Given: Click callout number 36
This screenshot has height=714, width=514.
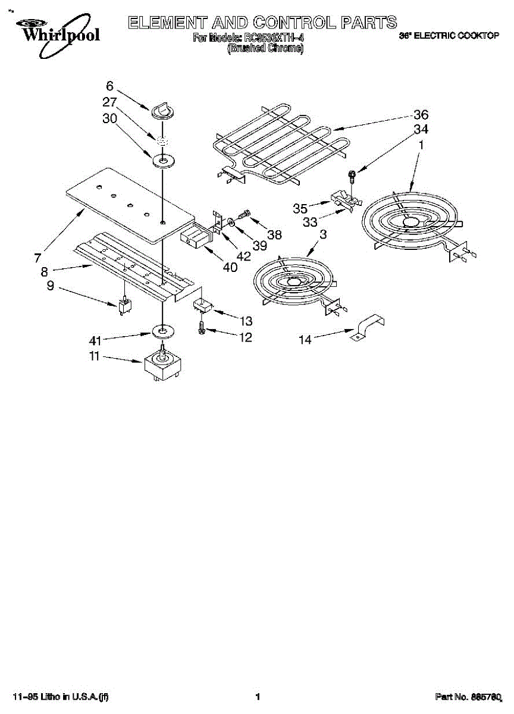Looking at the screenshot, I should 421,115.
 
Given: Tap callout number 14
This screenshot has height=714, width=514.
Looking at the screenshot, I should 305,340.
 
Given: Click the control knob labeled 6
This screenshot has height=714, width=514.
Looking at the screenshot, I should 161,110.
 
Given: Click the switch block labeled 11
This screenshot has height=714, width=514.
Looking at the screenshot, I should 161,367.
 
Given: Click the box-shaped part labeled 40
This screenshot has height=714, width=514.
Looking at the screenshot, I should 194,238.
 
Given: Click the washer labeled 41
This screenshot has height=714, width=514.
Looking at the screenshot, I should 161,330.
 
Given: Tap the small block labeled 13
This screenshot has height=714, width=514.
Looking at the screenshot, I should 203,306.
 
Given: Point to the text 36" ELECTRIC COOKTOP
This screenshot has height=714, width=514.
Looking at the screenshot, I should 447,36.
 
